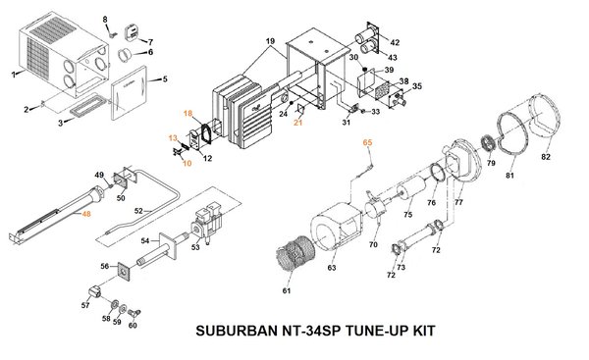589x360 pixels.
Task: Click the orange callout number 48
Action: (86, 215)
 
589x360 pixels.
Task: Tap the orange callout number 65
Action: (368, 143)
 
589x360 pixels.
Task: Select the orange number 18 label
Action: (187, 115)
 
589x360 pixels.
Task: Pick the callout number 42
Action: (394, 43)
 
